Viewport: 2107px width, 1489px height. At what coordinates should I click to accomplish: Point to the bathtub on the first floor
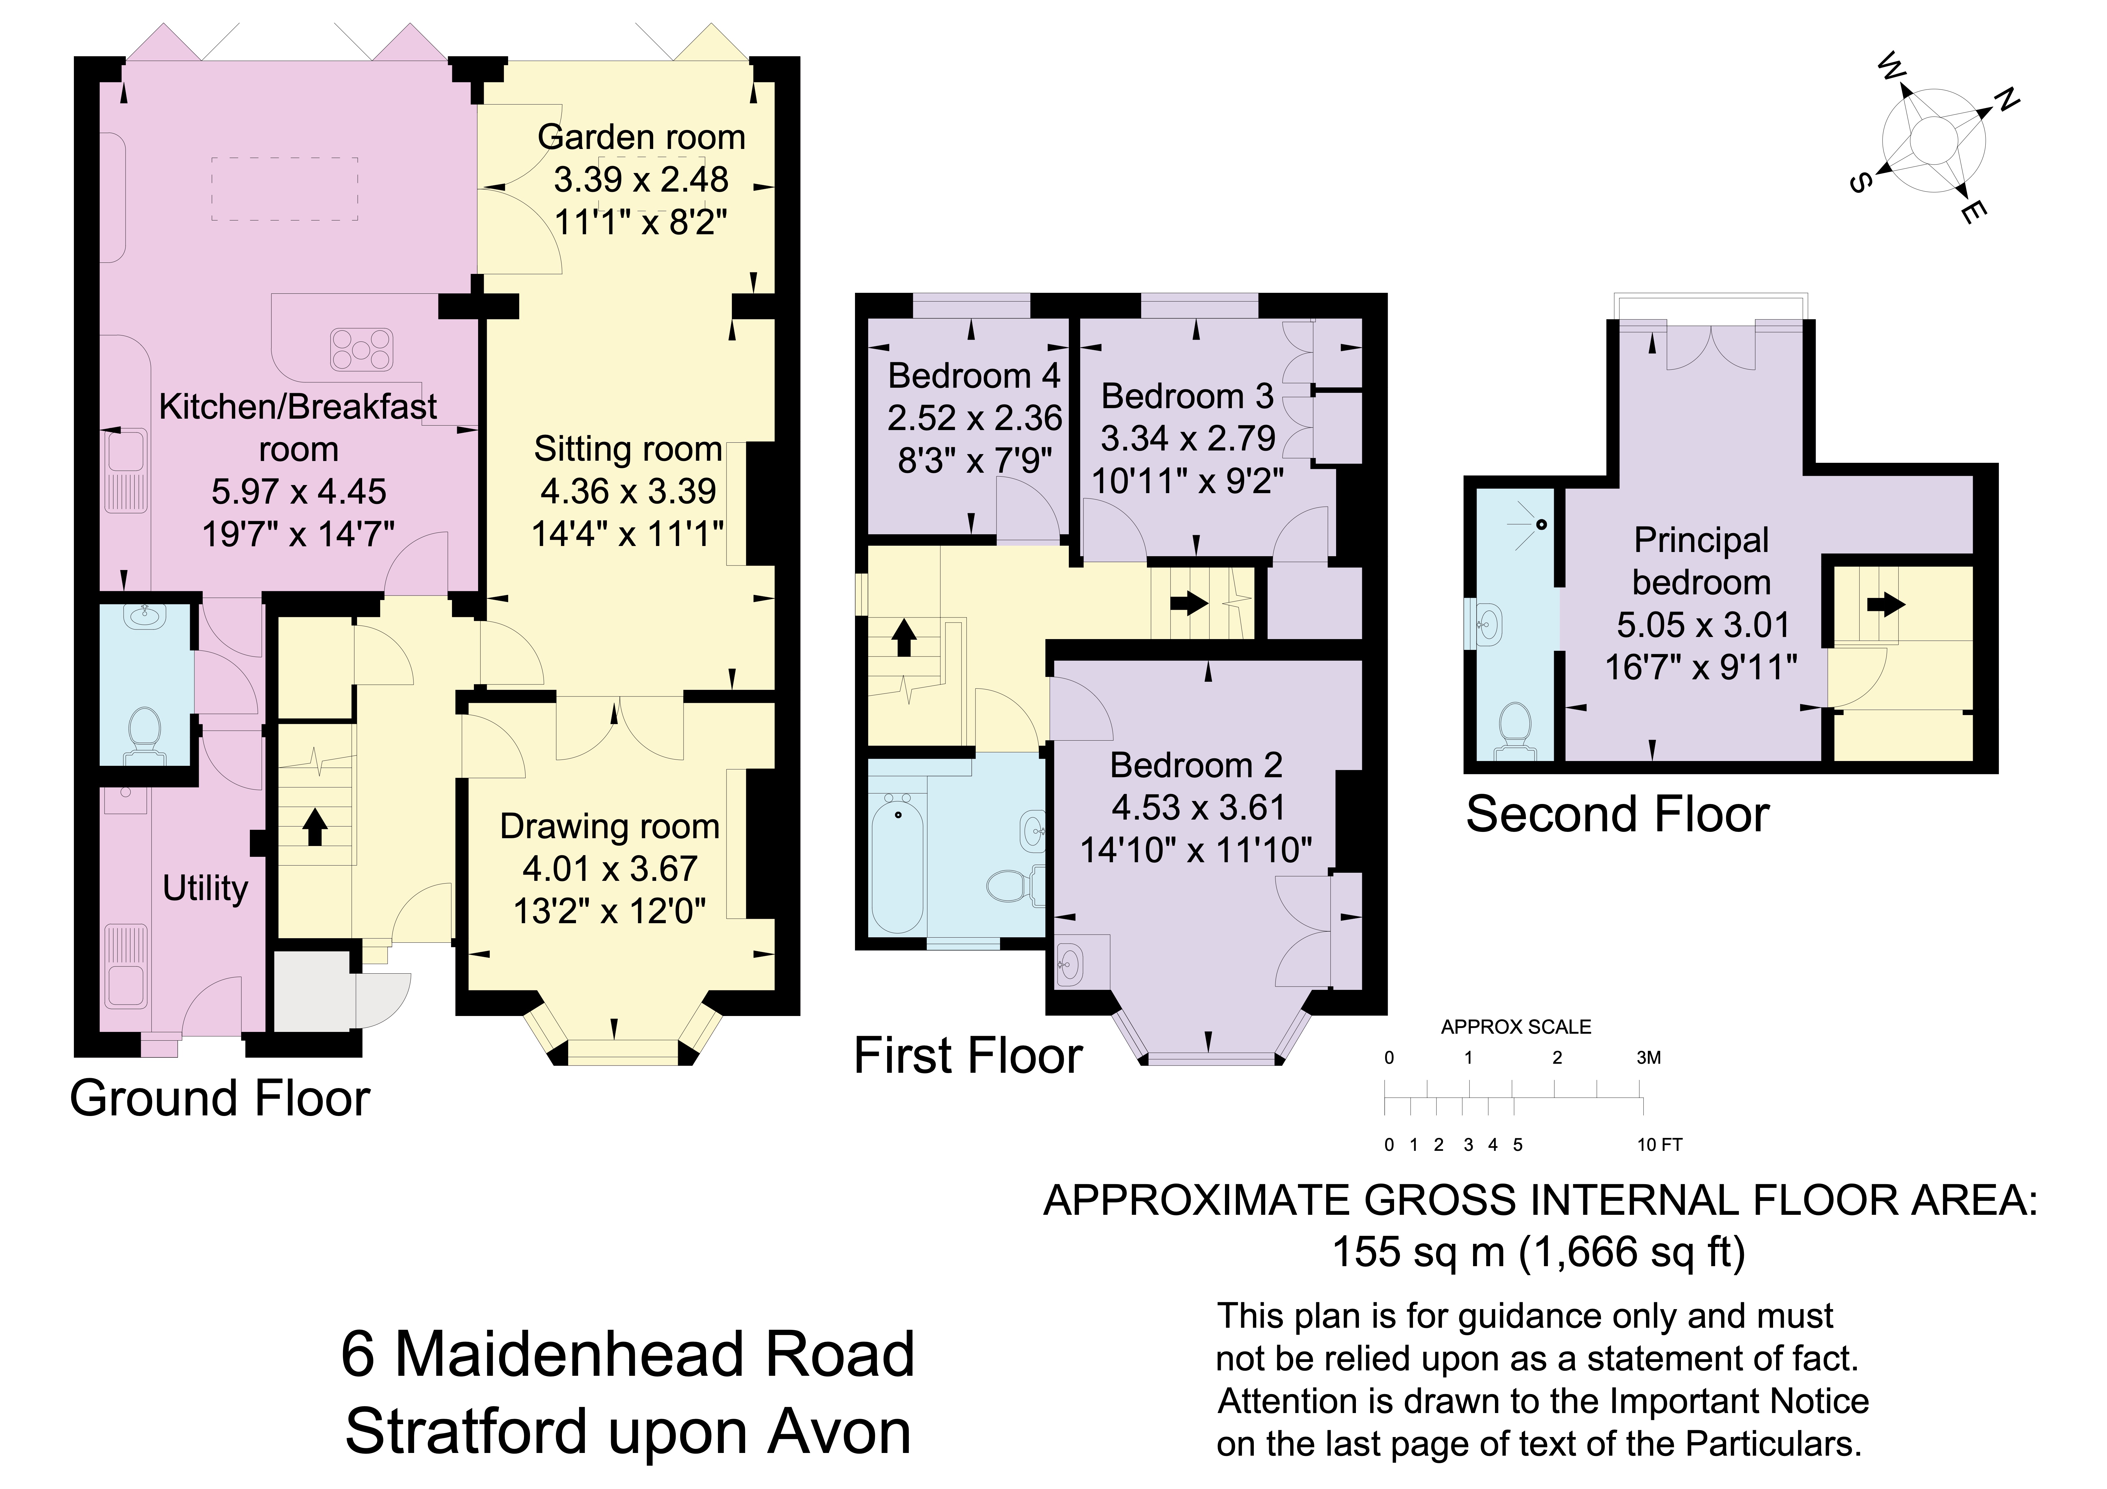(896, 863)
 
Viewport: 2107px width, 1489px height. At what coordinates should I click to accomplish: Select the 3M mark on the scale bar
(1648, 1058)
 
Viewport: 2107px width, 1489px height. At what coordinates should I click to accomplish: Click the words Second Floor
(1617, 815)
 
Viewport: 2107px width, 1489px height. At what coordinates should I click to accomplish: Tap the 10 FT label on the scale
(1659, 1145)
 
